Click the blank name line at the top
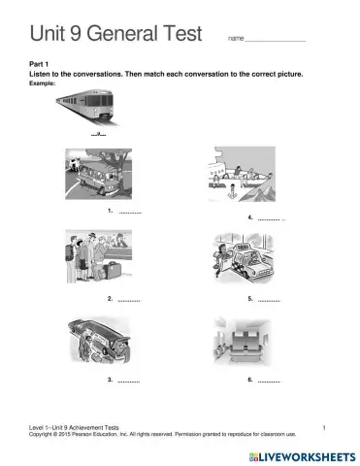(277, 40)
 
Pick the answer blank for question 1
(130, 211)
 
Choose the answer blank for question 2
(129, 299)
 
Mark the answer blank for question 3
(129, 380)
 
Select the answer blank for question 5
(269, 299)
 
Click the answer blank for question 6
(269, 380)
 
